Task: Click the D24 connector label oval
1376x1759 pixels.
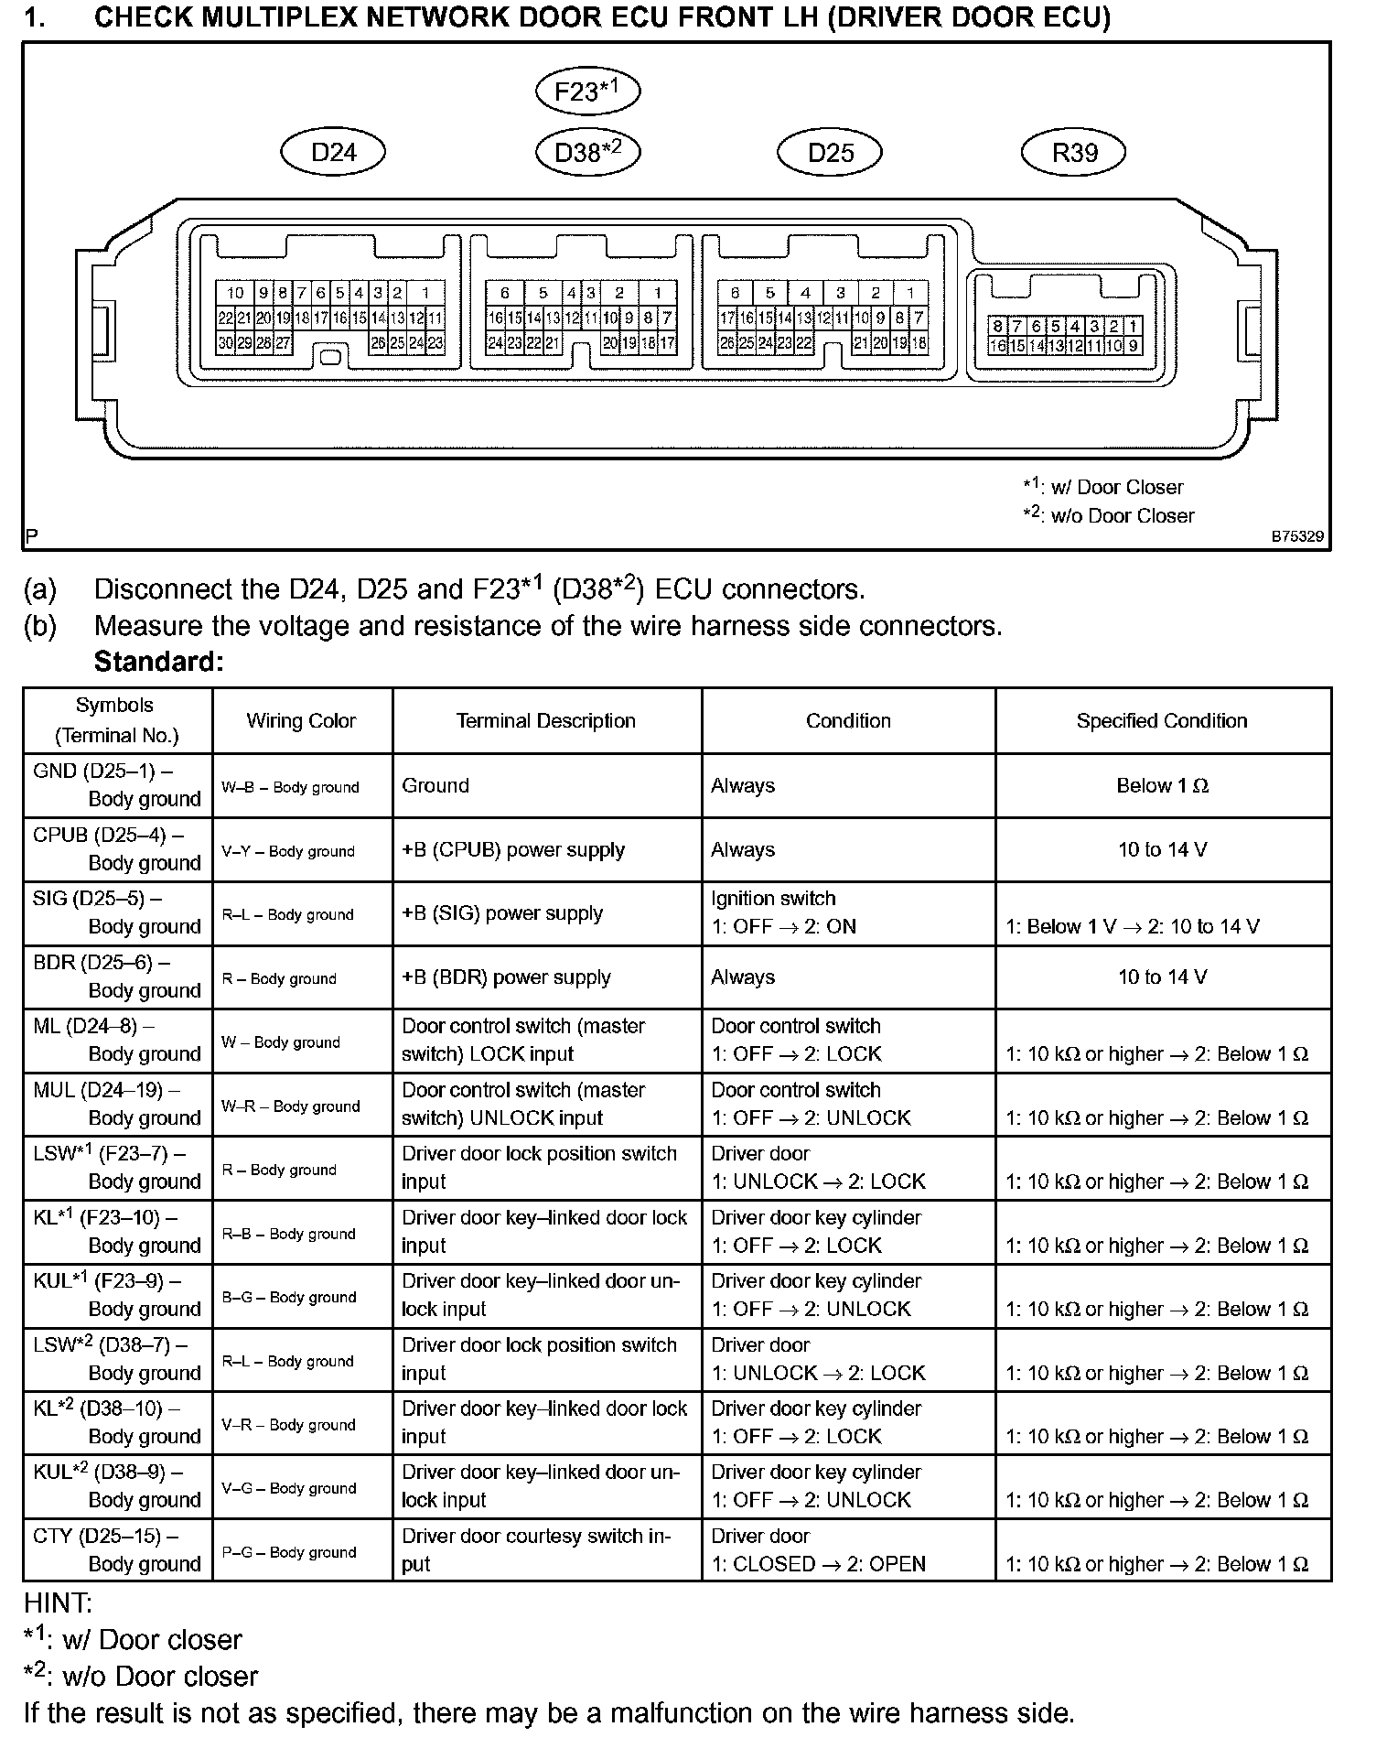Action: tap(333, 152)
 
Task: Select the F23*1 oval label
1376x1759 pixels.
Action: tap(587, 91)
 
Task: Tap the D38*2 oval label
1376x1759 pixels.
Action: tap(587, 152)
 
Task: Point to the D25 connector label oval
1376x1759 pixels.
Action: tap(830, 152)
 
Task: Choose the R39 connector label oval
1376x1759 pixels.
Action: tap(1073, 152)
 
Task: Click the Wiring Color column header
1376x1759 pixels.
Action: tap(301, 721)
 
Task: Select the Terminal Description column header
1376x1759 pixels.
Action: tap(546, 721)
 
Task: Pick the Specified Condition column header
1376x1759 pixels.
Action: tap(1162, 721)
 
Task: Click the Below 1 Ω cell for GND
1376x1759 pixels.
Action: tap(1162, 786)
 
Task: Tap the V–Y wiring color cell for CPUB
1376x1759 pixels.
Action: tap(288, 851)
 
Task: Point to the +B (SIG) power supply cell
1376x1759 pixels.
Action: tap(502, 913)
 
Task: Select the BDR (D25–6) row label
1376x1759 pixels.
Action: tap(117, 977)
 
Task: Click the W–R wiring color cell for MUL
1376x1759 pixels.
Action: tap(291, 1106)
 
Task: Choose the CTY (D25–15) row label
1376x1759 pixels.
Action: tap(117, 1550)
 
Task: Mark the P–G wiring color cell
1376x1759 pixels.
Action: tap(289, 1552)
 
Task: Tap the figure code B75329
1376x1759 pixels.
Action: tap(1296, 537)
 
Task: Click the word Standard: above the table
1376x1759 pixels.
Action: tap(159, 662)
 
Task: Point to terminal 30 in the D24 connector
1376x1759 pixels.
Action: tap(226, 343)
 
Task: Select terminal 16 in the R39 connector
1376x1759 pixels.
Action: tap(997, 346)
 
